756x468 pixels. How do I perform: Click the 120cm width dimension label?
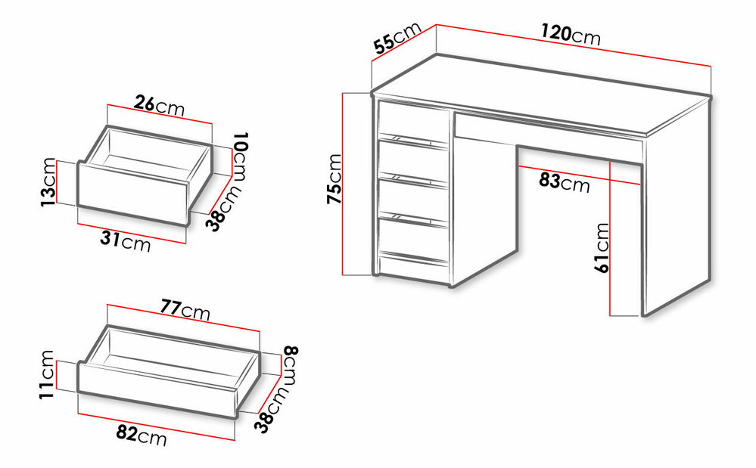tap(571, 35)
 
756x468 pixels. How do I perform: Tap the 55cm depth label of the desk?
tap(397, 38)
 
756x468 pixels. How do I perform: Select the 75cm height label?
tap(334, 178)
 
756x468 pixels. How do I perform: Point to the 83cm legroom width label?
tap(564, 182)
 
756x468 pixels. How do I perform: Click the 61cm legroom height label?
tap(602, 248)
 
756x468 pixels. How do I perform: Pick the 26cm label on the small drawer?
tap(159, 105)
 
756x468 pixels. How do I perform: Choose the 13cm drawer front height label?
tap(48, 182)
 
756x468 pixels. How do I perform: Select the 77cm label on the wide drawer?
tap(185, 310)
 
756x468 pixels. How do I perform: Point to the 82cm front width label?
tap(142, 436)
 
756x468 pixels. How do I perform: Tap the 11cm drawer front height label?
tap(47, 374)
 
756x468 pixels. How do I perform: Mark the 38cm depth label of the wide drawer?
tap(272, 410)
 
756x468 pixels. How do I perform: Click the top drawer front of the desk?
tap(413, 121)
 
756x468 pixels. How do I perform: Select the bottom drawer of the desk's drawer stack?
tap(413, 240)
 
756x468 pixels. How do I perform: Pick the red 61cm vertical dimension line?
tap(610, 240)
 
